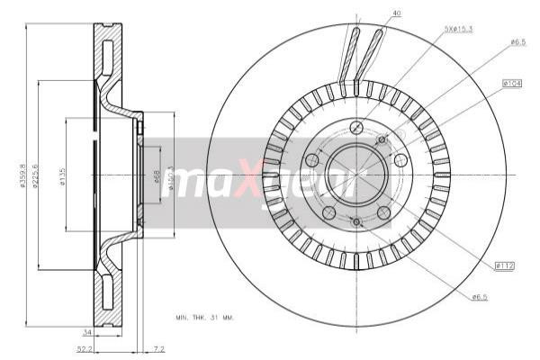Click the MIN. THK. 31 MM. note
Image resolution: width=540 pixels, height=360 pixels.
[x=203, y=317]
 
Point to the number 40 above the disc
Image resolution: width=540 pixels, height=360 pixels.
[x=397, y=13]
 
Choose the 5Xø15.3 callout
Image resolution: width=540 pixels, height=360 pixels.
[x=458, y=30]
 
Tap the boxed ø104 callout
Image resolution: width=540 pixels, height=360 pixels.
[x=514, y=84]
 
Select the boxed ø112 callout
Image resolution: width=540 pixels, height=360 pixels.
[x=505, y=265]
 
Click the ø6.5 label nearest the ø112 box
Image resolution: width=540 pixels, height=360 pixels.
[x=481, y=296]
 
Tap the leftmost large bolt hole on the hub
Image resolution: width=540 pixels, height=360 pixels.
[x=312, y=160]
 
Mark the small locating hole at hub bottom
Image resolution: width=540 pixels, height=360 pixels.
[x=355, y=221]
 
